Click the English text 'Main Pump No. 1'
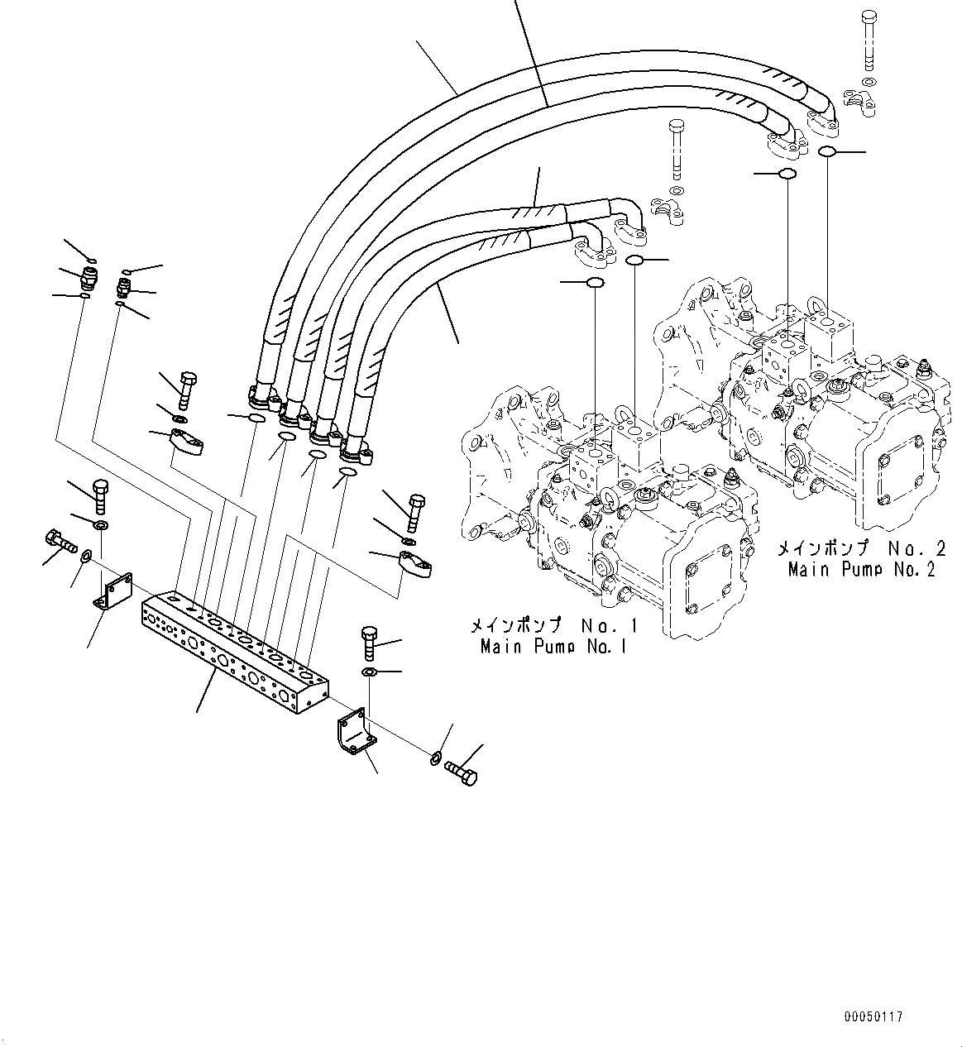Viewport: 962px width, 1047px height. (x=553, y=646)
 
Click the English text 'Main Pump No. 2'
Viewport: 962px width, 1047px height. (x=860, y=569)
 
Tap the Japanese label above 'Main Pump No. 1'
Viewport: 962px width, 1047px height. (x=553, y=625)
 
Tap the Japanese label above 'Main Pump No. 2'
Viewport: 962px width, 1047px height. (x=860, y=548)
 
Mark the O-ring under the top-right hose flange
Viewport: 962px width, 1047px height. (x=826, y=151)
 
